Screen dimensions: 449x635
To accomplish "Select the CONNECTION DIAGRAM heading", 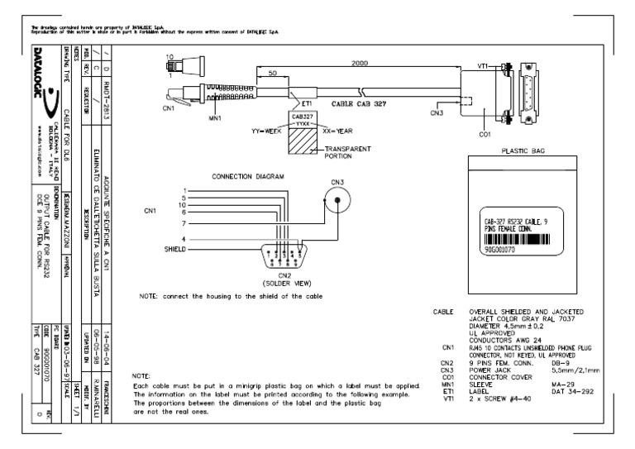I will [x=247, y=176].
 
